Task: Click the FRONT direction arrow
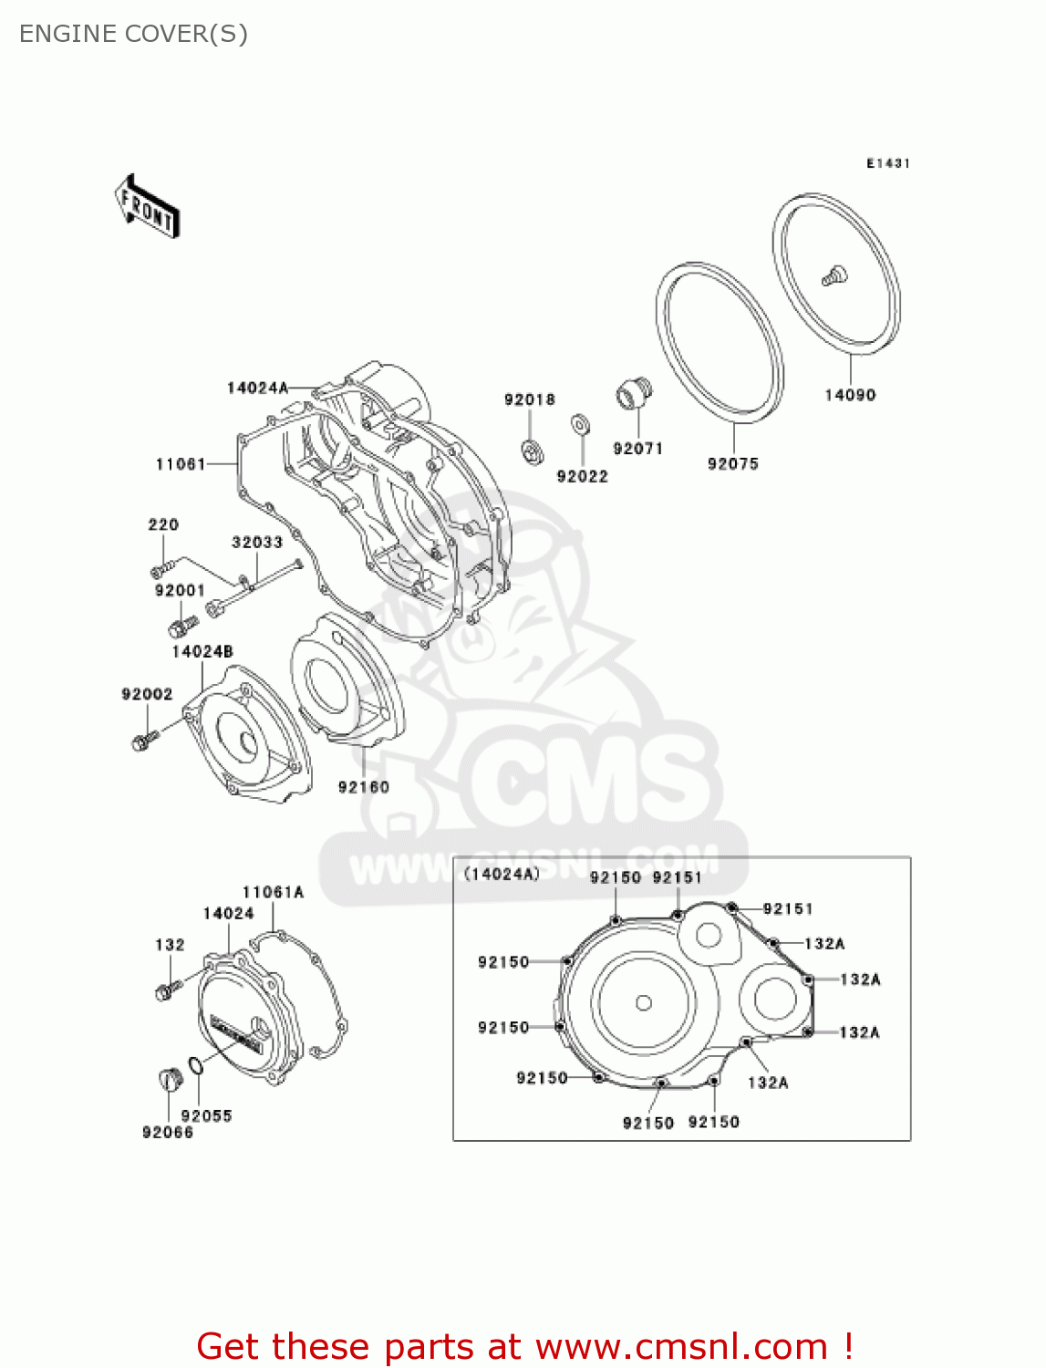coord(147,207)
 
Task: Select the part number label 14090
coord(850,395)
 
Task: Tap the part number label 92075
coord(733,463)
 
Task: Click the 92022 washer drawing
coord(579,424)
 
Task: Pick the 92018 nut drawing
coord(529,450)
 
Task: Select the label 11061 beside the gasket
coord(181,464)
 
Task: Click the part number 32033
coord(257,542)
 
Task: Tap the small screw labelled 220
coord(161,569)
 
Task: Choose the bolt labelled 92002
coord(143,740)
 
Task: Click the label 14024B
coord(202,651)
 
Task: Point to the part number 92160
coord(364,787)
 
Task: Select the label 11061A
coord(273,892)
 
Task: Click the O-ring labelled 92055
coord(195,1065)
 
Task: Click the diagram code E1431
coord(888,163)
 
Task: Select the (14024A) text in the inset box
coord(502,874)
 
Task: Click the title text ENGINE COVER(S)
coord(133,34)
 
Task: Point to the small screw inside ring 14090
coord(834,275)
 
